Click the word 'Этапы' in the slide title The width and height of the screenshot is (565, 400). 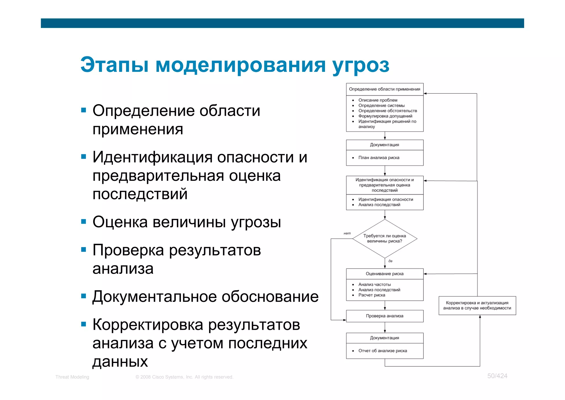pos(114,65)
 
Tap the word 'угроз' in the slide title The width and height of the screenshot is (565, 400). pos(361,66)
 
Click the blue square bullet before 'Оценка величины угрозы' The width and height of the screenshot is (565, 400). pos(84,221)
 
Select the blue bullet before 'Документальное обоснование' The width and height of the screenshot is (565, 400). pos(84,296)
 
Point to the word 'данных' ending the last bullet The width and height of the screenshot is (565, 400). pos(120,361)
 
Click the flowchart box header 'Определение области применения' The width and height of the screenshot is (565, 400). pos(384,89)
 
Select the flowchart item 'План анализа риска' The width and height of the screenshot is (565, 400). pos(379,158)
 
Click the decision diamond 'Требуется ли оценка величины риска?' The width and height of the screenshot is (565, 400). pos(384,239)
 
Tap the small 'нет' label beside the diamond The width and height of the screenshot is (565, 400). pos(347,233)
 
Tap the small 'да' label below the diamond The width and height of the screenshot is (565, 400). pos(390,261)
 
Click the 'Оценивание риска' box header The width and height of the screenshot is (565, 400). pos(384,274)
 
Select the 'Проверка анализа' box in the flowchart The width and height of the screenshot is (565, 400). pos(384,316)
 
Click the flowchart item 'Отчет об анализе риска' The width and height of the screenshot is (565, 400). pos(382,351)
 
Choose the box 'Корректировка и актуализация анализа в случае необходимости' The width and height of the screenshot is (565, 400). pos(477,305)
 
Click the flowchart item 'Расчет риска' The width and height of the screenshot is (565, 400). pos(372,295)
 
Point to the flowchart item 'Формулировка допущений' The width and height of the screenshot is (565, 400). pos(385,116)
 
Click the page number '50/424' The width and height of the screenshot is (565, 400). pos(497,376)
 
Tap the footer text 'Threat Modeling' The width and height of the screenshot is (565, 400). pos(72,377)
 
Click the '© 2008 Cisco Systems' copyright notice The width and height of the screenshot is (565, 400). pos(184,377)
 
